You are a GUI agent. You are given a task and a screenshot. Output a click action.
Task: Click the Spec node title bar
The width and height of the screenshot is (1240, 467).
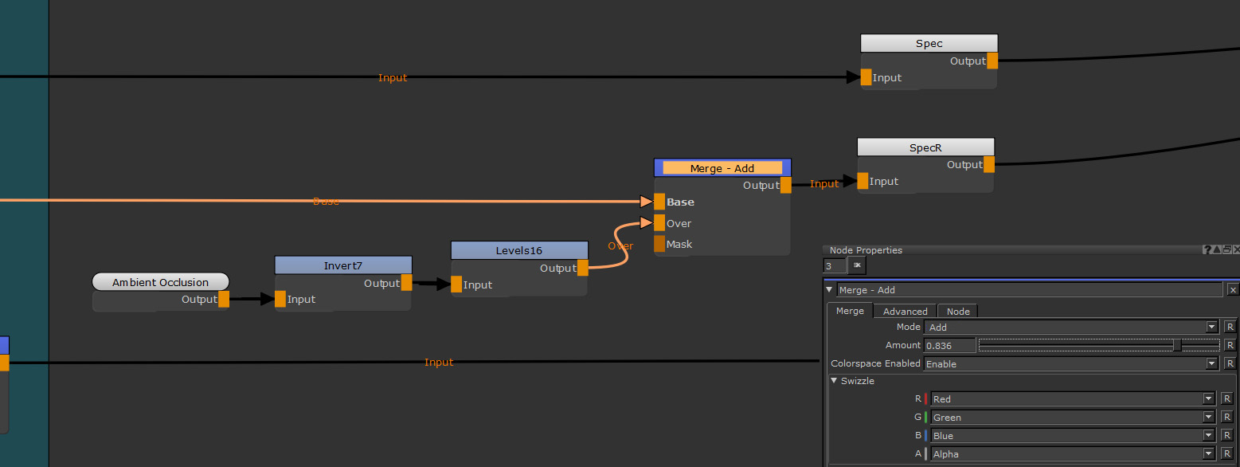(929, 43)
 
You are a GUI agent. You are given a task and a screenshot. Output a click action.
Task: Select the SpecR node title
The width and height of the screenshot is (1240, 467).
(925, 147)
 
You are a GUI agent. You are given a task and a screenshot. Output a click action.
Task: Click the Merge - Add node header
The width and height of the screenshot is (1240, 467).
(722, 168)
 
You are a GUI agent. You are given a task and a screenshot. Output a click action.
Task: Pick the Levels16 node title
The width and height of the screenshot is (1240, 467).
(518, 250)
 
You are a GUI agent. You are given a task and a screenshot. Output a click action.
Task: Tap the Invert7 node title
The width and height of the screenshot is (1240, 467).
(342, 265)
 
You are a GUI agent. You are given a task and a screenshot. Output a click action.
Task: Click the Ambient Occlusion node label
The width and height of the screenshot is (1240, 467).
(160, 282)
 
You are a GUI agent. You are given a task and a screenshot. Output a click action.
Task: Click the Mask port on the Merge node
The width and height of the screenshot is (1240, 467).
(659, 244)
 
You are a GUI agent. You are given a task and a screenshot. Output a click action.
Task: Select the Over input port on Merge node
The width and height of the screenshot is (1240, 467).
(659, 223)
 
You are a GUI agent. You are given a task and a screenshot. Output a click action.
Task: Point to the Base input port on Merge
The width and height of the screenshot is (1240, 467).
(659, 202)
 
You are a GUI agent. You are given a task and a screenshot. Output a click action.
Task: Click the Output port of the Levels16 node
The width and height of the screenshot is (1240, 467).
(583, 269)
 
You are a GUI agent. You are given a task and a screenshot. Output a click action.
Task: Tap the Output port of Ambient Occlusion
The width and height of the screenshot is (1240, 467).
(224, 300)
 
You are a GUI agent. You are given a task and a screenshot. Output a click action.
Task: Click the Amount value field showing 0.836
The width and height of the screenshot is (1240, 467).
(949, 346)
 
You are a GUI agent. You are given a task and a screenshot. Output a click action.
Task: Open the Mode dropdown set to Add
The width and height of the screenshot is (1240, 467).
(1070, 327)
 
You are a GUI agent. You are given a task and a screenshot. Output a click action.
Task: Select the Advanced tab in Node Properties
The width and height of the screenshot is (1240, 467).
(905, 312)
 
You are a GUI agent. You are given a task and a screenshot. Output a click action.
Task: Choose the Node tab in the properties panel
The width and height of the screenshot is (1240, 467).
(958, 312)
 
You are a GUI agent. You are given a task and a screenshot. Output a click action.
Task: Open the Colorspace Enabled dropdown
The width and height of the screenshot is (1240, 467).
(1070, 364)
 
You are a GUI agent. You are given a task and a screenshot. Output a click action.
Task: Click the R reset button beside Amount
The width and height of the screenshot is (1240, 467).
(1230, 346)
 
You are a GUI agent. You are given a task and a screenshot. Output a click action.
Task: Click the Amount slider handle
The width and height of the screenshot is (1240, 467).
(1177, 346)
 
